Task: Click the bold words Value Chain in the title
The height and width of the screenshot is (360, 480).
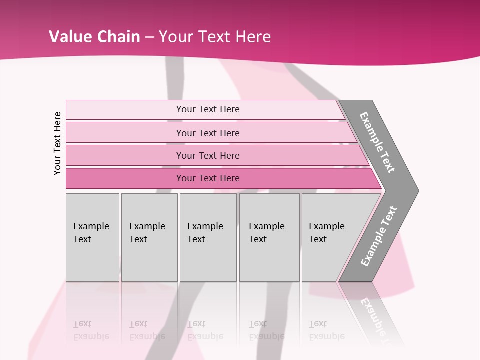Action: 94,37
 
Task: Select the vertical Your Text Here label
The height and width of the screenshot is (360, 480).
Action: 57,143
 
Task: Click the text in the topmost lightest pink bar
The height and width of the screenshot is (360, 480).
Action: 208,109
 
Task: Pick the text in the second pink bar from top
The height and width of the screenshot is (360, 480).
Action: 208,133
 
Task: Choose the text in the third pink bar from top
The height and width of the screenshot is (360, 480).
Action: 208,155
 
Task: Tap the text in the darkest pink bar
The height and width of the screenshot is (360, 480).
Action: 208,178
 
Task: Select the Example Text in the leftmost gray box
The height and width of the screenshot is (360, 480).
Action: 91,233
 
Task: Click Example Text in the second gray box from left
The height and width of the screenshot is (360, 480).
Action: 147,233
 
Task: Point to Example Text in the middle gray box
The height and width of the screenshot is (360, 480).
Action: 205,233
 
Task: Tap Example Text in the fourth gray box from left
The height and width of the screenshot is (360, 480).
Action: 266,233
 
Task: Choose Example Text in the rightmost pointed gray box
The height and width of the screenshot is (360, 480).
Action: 326,233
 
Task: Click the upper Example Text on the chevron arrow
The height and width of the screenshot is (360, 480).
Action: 377,142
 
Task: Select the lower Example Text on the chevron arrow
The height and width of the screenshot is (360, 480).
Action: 379,236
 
